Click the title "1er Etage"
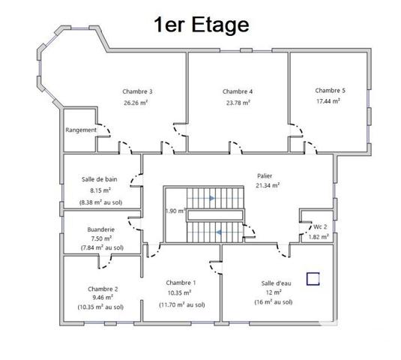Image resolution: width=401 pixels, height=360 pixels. click(x=200, y=25)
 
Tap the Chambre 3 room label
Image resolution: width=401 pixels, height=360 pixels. click(x=138, y=91)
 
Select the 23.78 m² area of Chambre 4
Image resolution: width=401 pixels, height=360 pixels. click(x=238, y=103)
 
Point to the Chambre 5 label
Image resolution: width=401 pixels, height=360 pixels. click(x=330, y=89)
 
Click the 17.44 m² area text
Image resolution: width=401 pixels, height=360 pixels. click(x=330, y=100)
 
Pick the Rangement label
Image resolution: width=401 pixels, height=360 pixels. click(x=81, y=130)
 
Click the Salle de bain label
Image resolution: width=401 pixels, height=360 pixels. click(x=100, y=179)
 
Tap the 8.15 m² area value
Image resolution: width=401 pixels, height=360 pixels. click(x=100, y=190)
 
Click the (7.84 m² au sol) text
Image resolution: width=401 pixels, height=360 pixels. click(x=102, y=247)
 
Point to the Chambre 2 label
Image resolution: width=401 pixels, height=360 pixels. click(x=102, y=288)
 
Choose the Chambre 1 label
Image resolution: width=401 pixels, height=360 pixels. click(x=181, y=282)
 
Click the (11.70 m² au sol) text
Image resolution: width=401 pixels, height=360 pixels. click(x=181, y=304)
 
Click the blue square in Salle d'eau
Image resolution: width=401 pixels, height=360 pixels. click(x=313, y=278)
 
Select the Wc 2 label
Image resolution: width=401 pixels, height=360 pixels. click(x=319, y=226)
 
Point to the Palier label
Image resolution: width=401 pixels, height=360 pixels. click(x=268, y=174)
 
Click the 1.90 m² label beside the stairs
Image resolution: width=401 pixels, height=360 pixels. click(x=175, y=211)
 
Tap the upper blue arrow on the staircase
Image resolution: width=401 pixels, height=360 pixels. click(x=213, y=198)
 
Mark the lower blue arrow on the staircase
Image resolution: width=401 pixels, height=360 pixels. click(x=218, y=232)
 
